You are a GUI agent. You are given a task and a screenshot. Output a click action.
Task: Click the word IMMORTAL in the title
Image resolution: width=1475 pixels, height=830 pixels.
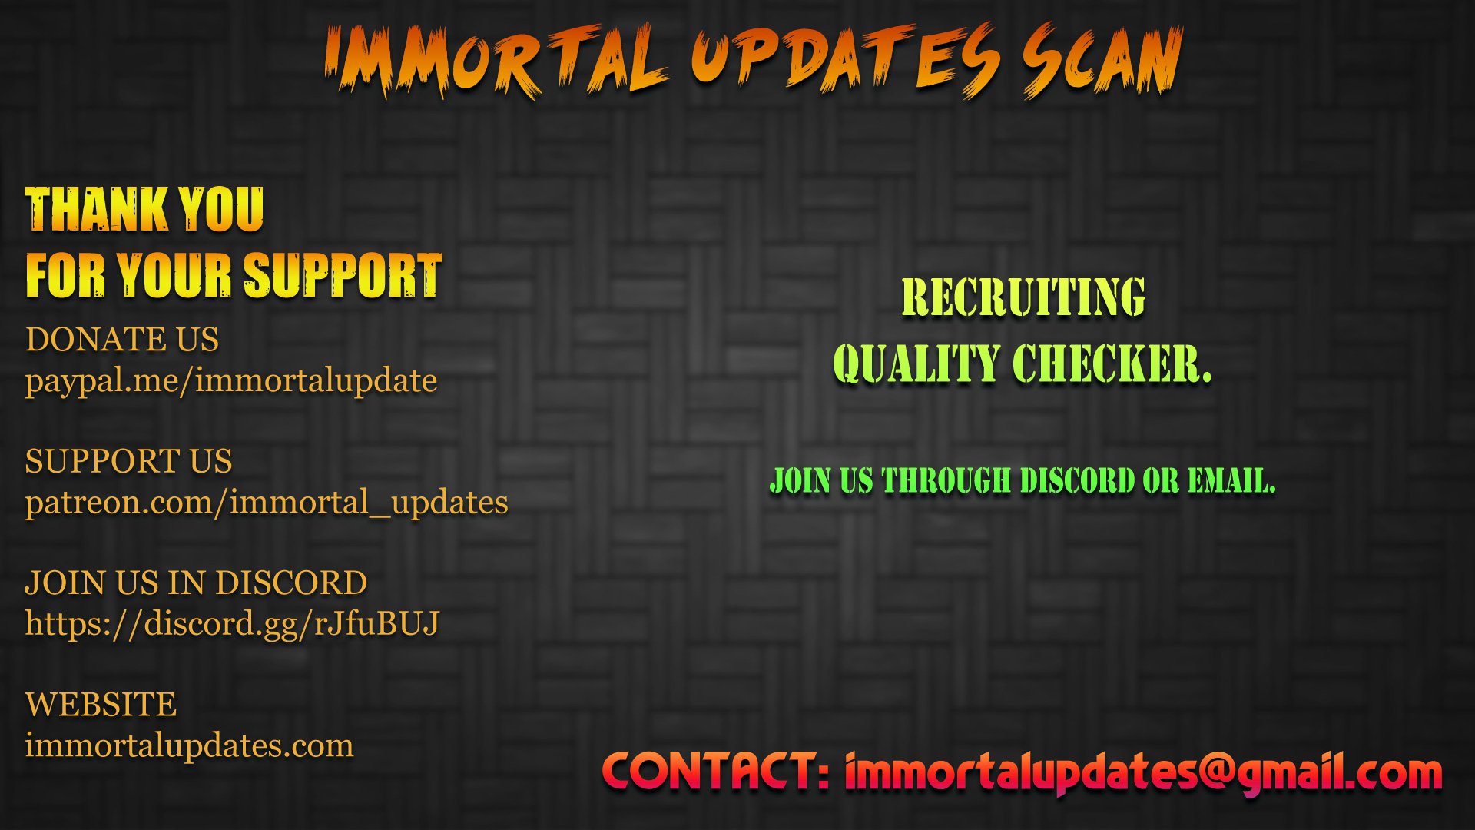(x=496, y=61)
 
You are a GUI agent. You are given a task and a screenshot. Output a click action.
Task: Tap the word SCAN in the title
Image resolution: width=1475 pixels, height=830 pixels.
(x=1102, y=60)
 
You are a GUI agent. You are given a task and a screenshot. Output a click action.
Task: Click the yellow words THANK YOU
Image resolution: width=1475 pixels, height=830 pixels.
(x=144, y=210)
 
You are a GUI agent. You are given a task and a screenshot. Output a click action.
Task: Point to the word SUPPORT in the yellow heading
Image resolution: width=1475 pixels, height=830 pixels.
(x=343, y=275)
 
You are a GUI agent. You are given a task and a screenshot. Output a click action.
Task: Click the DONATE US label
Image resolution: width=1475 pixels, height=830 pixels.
(x=122, y=339)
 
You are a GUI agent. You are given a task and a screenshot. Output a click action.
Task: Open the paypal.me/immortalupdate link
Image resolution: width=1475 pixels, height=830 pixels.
(x=231, y=381)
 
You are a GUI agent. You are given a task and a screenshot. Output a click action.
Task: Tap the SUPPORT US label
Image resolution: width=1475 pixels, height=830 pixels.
(x=128, y=461)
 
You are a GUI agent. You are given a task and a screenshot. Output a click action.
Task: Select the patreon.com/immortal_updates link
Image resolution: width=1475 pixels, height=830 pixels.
(x=267, y=503)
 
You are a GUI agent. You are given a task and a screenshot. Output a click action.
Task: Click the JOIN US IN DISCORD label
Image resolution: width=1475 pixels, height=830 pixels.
(x=196, y=583)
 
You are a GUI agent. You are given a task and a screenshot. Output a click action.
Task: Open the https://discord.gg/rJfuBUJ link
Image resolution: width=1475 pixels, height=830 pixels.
(x=232, y=624)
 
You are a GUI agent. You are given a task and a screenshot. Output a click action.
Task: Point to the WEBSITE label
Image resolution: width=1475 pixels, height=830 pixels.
(x=101, y=705)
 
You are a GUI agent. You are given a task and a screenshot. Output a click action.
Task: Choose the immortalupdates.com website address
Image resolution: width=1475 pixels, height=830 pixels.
(x=189, y=745)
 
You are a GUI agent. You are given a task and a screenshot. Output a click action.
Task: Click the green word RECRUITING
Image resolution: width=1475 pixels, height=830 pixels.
(x=1023, y=297)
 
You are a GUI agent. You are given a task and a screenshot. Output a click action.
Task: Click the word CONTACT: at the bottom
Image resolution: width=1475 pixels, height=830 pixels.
(x=717, y=772)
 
